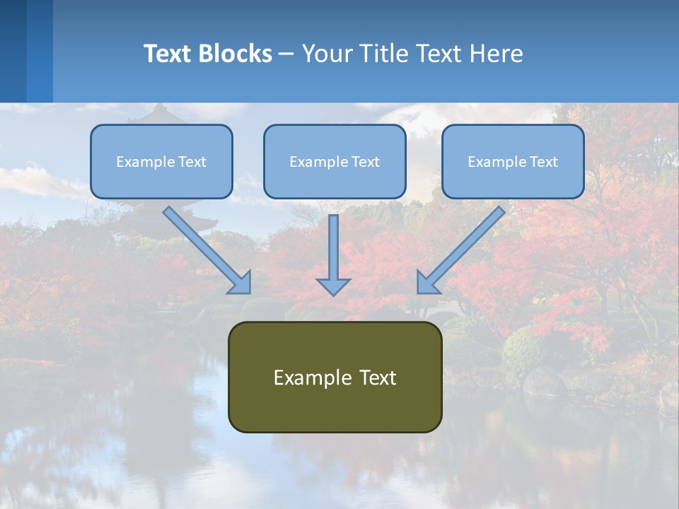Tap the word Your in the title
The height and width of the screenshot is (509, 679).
(328, 54)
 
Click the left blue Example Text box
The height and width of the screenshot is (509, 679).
(161, 161)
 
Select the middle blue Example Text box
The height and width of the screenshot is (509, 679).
(335, 161)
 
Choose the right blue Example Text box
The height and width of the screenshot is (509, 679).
(513, 161)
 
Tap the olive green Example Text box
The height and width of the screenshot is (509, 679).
(335, 377)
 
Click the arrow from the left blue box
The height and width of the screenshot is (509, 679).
(207, 250)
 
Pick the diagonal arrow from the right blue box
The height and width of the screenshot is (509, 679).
(462, 250)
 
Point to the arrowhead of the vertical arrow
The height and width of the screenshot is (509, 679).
(333, 286)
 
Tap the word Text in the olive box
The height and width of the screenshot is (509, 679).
(377, 378)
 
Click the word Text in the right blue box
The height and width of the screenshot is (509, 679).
(543, 162)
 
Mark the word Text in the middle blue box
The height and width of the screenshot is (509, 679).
(365, 162)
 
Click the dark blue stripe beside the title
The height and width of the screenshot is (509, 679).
(13, 51)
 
